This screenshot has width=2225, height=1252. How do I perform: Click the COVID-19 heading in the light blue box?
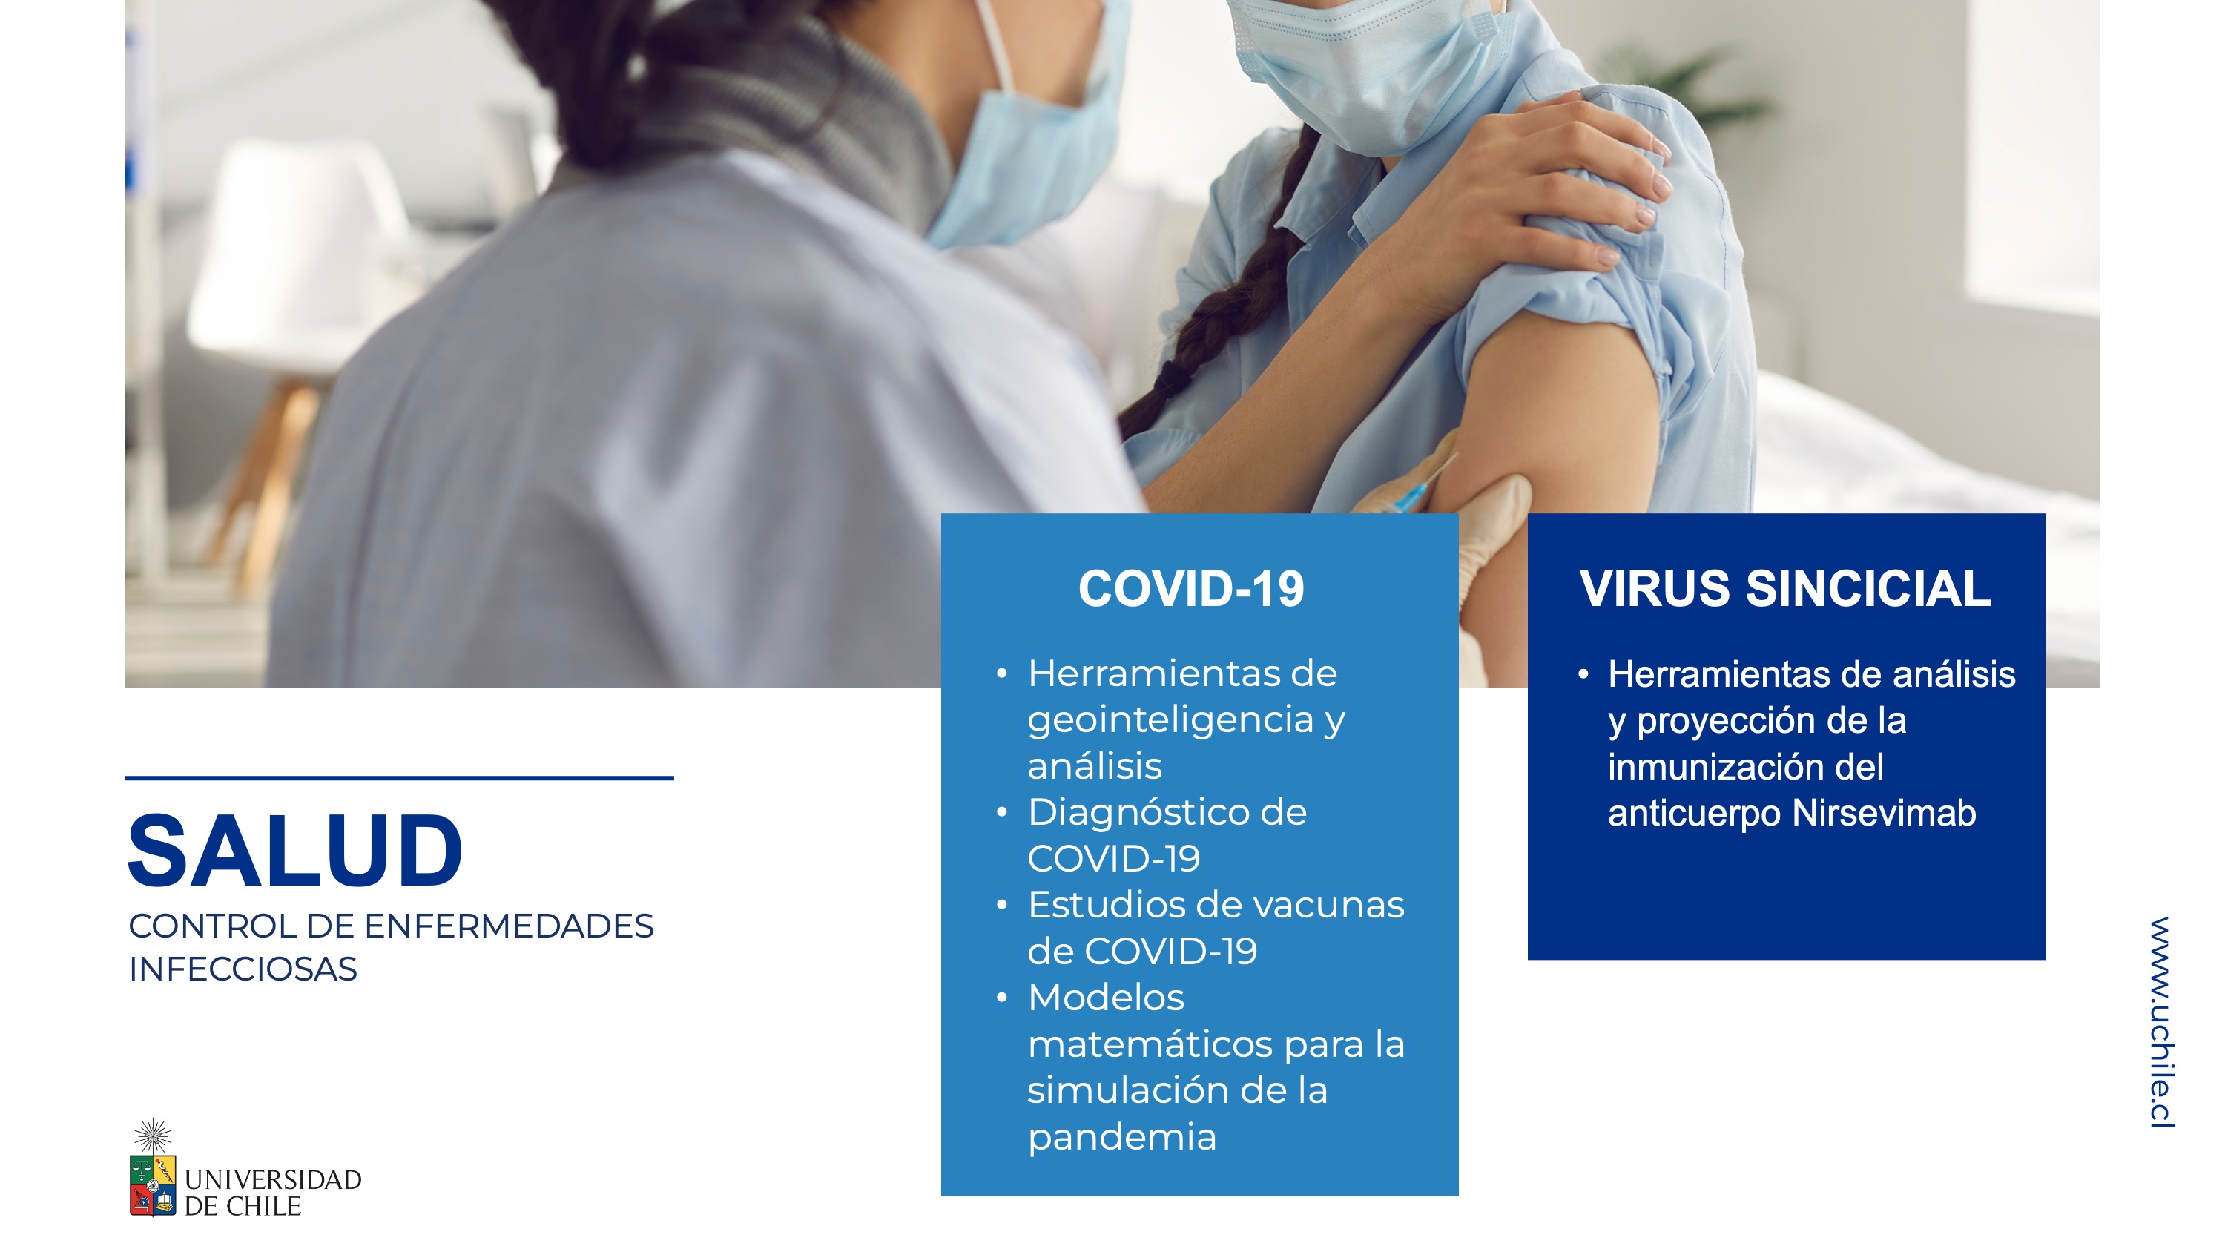coord(1191,589)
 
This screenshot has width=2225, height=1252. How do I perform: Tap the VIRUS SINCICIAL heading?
coord(1785,589)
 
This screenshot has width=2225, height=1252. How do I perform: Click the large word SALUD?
coord(295,850)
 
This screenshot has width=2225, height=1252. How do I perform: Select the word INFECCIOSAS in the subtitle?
coord(243,969)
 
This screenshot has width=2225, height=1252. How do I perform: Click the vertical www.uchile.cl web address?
coord(2161,1022)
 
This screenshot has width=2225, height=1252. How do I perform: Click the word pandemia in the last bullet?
coord(1122,1138)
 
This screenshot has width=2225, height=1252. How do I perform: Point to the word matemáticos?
coord(1150,1044)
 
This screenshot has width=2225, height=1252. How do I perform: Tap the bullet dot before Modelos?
coord(1002,999)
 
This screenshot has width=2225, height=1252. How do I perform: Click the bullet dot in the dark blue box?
coord(1583,675)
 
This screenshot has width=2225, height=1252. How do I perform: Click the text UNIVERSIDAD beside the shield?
coord(273,1180)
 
